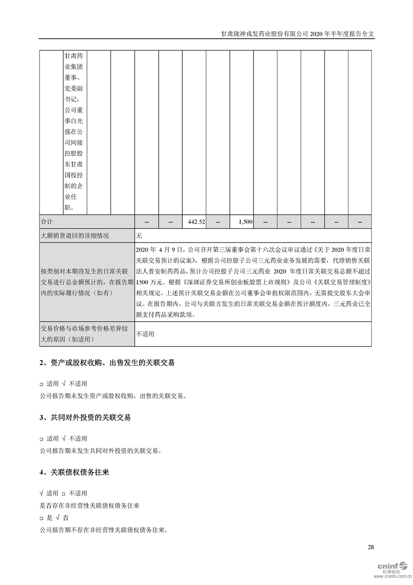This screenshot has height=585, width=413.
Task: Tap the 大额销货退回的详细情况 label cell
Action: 74,236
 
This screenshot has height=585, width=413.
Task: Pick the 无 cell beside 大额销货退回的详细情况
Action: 139,236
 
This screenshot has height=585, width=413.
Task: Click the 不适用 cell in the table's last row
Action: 145,334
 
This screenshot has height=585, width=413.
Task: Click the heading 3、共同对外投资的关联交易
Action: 85,418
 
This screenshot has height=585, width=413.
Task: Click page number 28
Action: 370,547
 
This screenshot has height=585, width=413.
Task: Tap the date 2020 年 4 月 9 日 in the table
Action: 160,249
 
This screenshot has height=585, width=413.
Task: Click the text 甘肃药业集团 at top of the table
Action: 74,60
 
